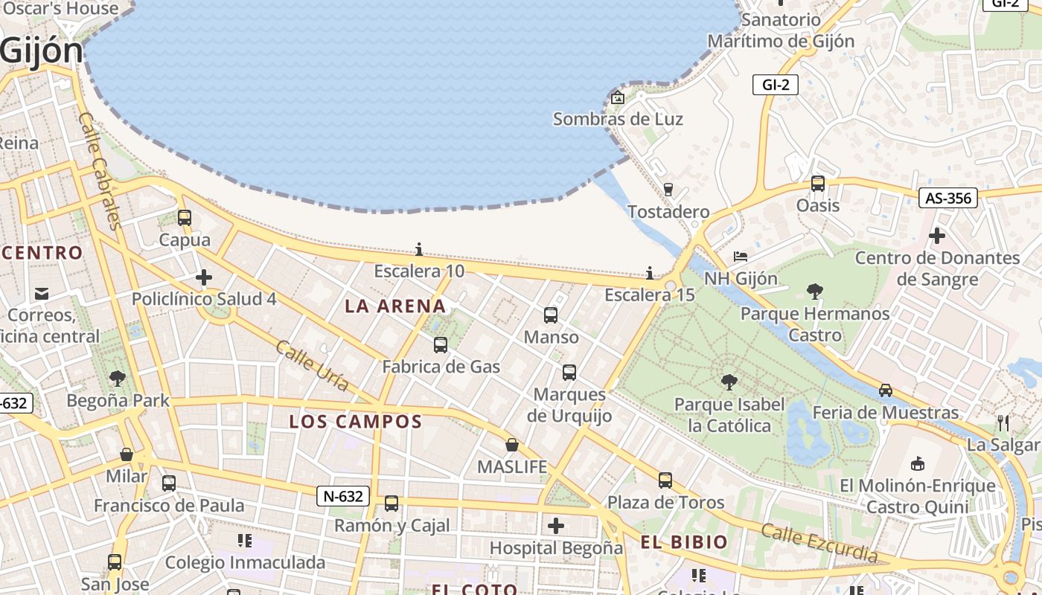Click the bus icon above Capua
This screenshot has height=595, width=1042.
click(185, 218)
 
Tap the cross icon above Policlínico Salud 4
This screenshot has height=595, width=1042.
click(204, 278)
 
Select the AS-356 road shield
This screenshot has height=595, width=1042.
click(947, 198)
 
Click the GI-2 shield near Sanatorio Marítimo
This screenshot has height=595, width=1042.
click(775, 85)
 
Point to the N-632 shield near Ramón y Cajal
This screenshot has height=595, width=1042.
click(343, 496)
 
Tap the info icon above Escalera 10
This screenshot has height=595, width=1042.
click(419, 249)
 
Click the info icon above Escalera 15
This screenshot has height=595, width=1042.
click(650, 273)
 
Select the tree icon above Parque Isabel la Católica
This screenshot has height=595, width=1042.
click(729, 382)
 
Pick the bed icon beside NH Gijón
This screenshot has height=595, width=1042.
click(741, 257)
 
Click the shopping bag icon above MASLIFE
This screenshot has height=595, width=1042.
click(512, 445)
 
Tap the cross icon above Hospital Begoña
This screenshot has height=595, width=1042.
click(556, 526)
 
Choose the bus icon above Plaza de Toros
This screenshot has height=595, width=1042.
click(665, 480)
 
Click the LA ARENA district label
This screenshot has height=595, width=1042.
click(395, 306)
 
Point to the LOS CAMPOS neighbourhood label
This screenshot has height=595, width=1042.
click(356, 422)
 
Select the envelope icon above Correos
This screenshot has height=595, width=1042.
click(42, 294)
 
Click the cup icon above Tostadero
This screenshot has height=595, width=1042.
click(668, 190)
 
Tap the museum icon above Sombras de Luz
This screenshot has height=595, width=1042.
click(617, 97)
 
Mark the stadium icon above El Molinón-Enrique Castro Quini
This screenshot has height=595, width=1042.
click(918, 463)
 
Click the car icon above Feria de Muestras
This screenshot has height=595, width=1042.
click(886, 390)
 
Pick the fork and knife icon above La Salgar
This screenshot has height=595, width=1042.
click(1003, 423)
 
